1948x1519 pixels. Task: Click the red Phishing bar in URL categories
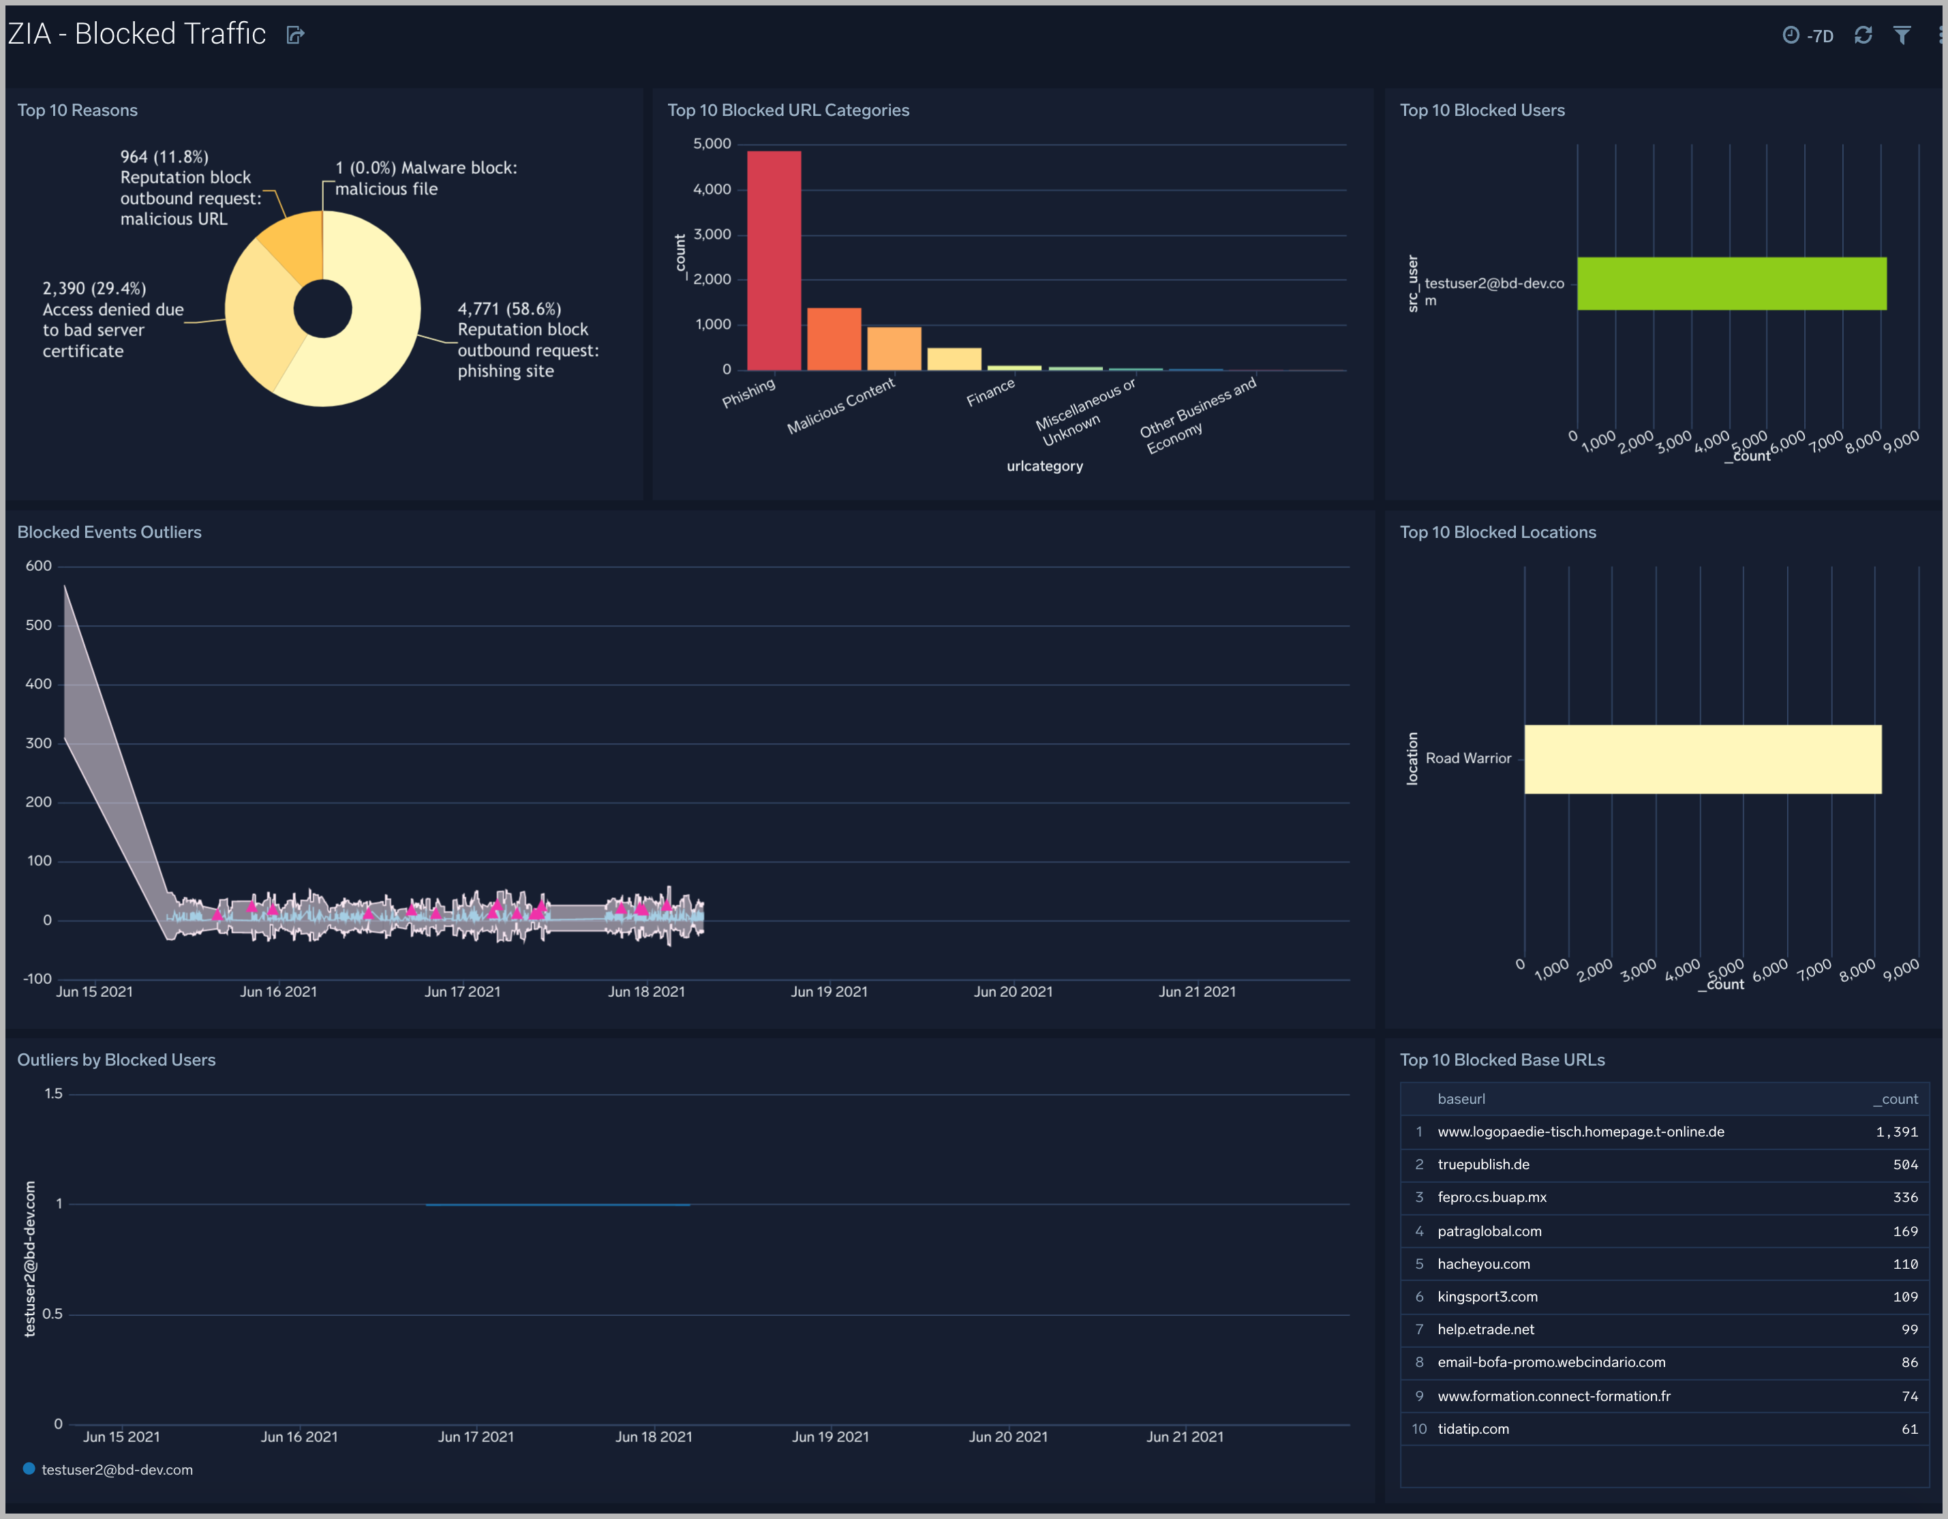(x=774, y=260)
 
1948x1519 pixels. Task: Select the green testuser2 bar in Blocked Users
(x=1731, y=284)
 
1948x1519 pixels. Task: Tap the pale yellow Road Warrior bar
(x=1702, y=759)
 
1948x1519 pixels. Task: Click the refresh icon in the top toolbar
(x=1862, y=35)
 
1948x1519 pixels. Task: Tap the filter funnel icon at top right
(x=1902, y=35)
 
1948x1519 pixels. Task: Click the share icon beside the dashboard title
(x=295, y=35)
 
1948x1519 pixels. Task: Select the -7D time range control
(x=1808, y=35)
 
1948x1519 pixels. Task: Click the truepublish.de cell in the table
(x=1482, y=1164)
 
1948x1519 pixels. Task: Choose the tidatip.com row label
(x=1473, y=1429)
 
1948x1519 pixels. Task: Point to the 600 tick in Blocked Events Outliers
(x=38, y=565)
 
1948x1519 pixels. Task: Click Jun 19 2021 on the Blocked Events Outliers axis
(x=829, y=991)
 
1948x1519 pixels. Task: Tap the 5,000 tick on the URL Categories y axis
(x=712, y=144)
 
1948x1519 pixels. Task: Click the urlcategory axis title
(x=1044, y=466)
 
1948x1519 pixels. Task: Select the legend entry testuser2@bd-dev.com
(x=116, y=1469)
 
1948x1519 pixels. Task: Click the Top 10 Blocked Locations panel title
(x=1497, y=532)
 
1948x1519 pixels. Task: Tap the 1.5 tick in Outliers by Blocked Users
(x=54, y=1094)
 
